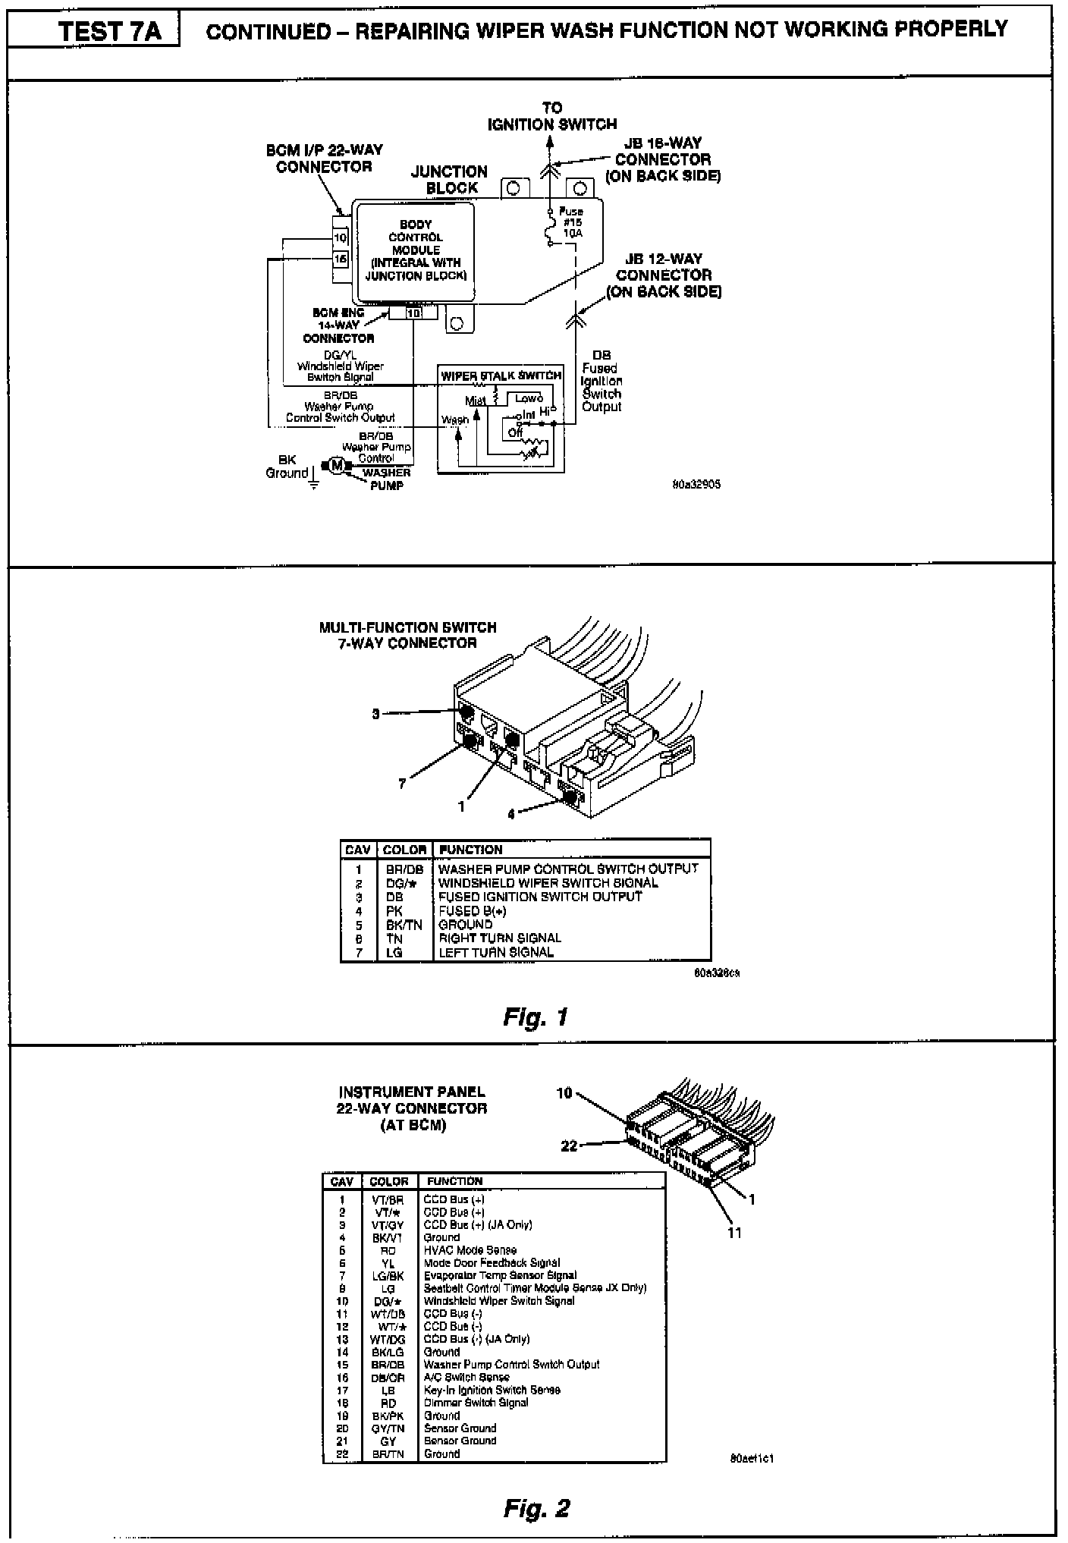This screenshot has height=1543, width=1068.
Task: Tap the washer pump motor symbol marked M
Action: pos(337,465)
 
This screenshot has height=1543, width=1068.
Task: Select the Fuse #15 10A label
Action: pos(571,223)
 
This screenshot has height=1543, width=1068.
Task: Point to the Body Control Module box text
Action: pos(416,250)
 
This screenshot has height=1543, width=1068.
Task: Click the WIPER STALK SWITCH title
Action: pos(501,376)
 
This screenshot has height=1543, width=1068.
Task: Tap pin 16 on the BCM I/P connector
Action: pos(341,259)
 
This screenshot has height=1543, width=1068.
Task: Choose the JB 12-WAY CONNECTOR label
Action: pos(664,275)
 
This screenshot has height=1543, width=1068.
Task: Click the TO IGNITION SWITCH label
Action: pos(552,116)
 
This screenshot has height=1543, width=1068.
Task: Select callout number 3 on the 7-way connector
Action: pos(375,714)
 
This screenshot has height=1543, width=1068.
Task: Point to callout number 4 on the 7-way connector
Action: pos(511,814)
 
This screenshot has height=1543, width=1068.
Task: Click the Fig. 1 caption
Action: pos(536,1017)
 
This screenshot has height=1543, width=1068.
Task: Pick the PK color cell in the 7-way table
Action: pos(394,911)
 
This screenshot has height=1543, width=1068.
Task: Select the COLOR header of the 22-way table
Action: pos(389,1181)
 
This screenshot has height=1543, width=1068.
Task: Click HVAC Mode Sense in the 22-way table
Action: pos(470,1250)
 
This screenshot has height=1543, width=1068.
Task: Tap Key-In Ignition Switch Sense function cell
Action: pos(492,1390)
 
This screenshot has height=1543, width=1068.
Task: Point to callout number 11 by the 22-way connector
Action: pos(735,1233)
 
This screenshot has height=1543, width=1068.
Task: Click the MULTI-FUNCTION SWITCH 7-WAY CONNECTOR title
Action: pos(408,636)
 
